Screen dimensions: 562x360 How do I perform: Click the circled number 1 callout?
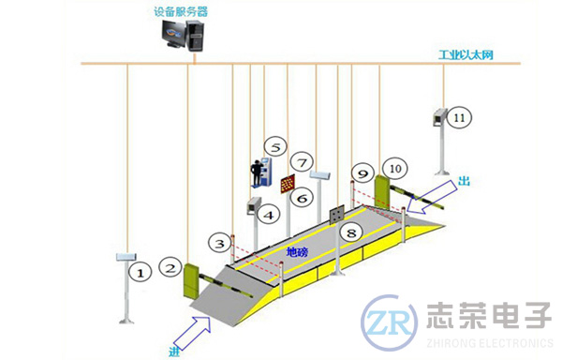(x=140, y=273)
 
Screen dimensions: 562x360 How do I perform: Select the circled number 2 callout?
(x=170, y=266)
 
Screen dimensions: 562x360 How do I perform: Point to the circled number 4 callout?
(x=270, y=216)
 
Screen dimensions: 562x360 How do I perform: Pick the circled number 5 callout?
(x=274, y=147)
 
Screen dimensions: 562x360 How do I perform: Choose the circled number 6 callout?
(x=301, y=198)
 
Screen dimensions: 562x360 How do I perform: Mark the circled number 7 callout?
(x=299, y=162)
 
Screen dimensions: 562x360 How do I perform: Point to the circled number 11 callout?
(x=459, y=118)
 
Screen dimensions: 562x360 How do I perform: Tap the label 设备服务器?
(x=181, y=10)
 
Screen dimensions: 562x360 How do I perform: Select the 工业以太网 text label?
(x=466, y=54)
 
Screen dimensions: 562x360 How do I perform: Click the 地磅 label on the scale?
(x=297, y=251)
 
